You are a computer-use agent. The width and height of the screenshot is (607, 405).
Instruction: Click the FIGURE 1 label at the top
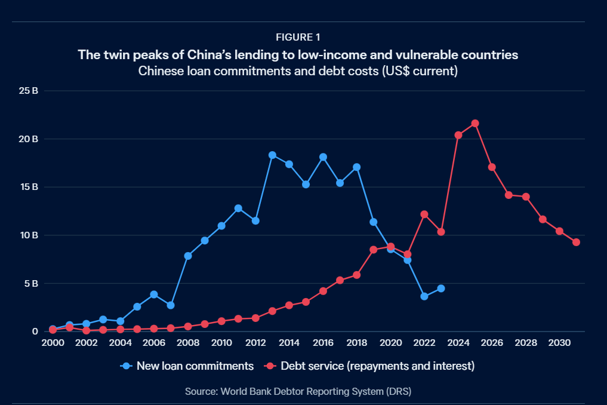click(303, 38)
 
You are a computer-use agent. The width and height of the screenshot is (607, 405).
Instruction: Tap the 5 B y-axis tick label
click(31, 283)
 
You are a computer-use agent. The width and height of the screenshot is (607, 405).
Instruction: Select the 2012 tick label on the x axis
click(255, 343)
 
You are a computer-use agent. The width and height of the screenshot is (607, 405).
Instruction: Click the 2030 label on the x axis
click(559, 343)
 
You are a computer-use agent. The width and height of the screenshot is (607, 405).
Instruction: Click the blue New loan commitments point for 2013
click(272, 155)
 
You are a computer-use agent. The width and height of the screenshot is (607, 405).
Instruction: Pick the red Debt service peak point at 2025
click(475, 124)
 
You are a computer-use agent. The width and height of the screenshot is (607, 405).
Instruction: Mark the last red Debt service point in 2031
click(576, 242)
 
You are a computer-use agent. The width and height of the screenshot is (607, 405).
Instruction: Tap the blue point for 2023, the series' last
click(441, 289)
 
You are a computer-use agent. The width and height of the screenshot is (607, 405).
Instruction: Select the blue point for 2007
click(171, 305)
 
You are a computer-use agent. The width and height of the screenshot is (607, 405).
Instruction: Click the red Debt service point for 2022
click(424, 214)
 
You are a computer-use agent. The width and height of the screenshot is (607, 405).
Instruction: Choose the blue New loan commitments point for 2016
click(323, 157)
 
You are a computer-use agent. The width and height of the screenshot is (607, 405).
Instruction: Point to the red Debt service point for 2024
click(458, 135)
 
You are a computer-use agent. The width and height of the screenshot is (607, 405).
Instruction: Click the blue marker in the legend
click(126, 366)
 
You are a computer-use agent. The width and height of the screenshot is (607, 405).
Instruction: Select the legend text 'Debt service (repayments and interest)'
click(377, 366)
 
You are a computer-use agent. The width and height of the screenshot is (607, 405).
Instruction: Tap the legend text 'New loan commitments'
click(195, 366)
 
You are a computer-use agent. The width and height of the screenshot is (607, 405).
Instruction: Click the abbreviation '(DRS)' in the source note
click(399, 392)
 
